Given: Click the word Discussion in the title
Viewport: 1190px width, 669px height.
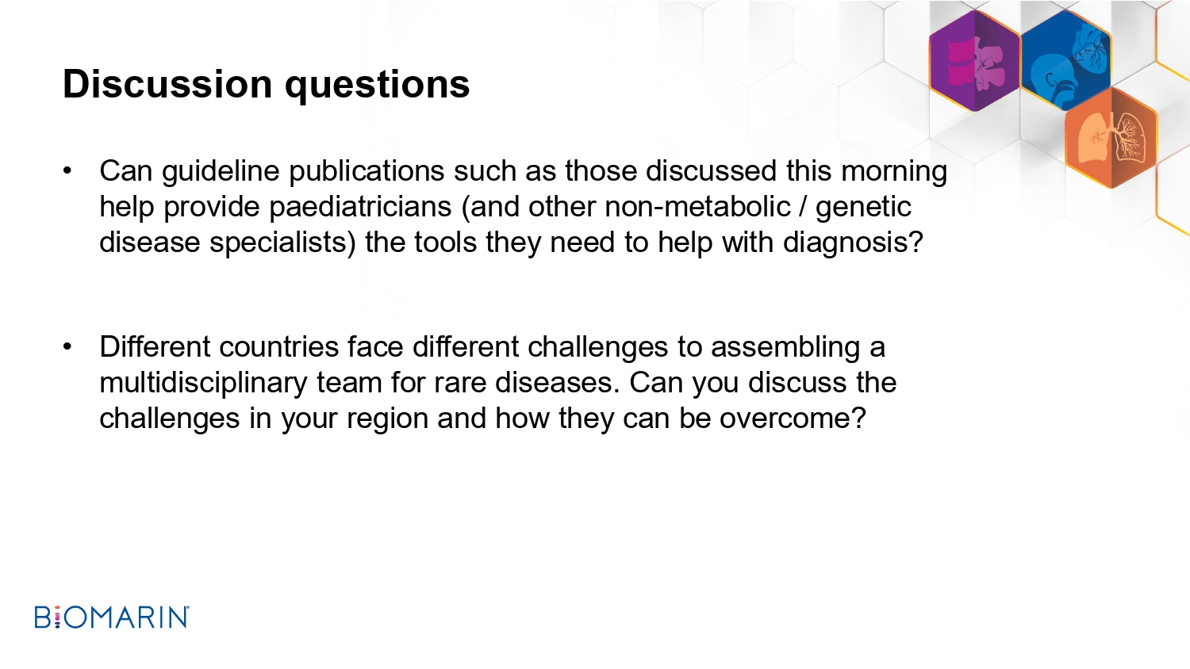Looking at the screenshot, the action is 168,84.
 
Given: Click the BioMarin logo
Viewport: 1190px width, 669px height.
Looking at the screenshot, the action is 112,617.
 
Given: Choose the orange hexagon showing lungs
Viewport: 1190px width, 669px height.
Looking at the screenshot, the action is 1111,137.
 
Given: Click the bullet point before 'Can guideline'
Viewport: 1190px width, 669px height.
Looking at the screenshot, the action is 67,171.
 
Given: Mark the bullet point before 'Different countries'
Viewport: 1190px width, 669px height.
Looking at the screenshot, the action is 67,346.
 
